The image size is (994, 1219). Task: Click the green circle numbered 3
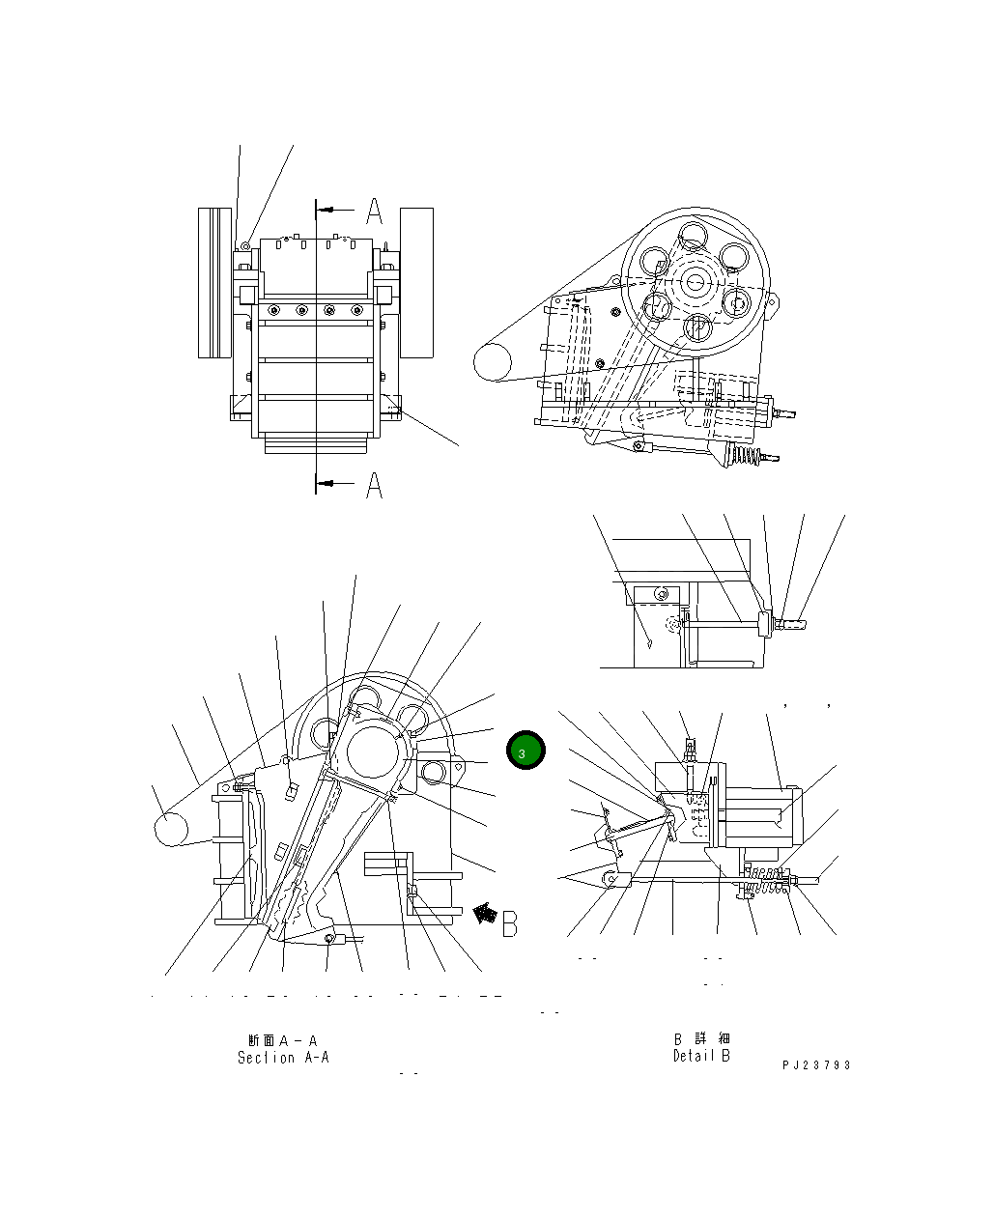pyautogui.click(x=525, y=751)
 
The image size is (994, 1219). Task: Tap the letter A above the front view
pyautogui.click(x=375, y=211)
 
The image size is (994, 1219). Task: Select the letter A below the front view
pyautogui.click(x=375, y=486)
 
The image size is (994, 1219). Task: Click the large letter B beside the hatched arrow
pyautogui.click(x=509, y=922)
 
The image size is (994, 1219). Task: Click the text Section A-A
pyautogui.click(x=283, y=1058)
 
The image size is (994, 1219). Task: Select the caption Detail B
pyautogui.click(x=701, y=1056)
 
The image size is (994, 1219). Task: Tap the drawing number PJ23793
pyautogui.click(x=816, y=1065)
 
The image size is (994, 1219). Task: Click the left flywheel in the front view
pyautogui.click(x=214, y=282)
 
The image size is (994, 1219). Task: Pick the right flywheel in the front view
pyautogui.click(x=416, y=282)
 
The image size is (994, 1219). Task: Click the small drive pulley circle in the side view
pyautogui.click(x=493, y=363)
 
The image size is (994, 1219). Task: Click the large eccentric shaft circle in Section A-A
pyautogui.click(x=373, y=751)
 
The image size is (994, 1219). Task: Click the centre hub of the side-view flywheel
pyautogui.click(x=696, y=281)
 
